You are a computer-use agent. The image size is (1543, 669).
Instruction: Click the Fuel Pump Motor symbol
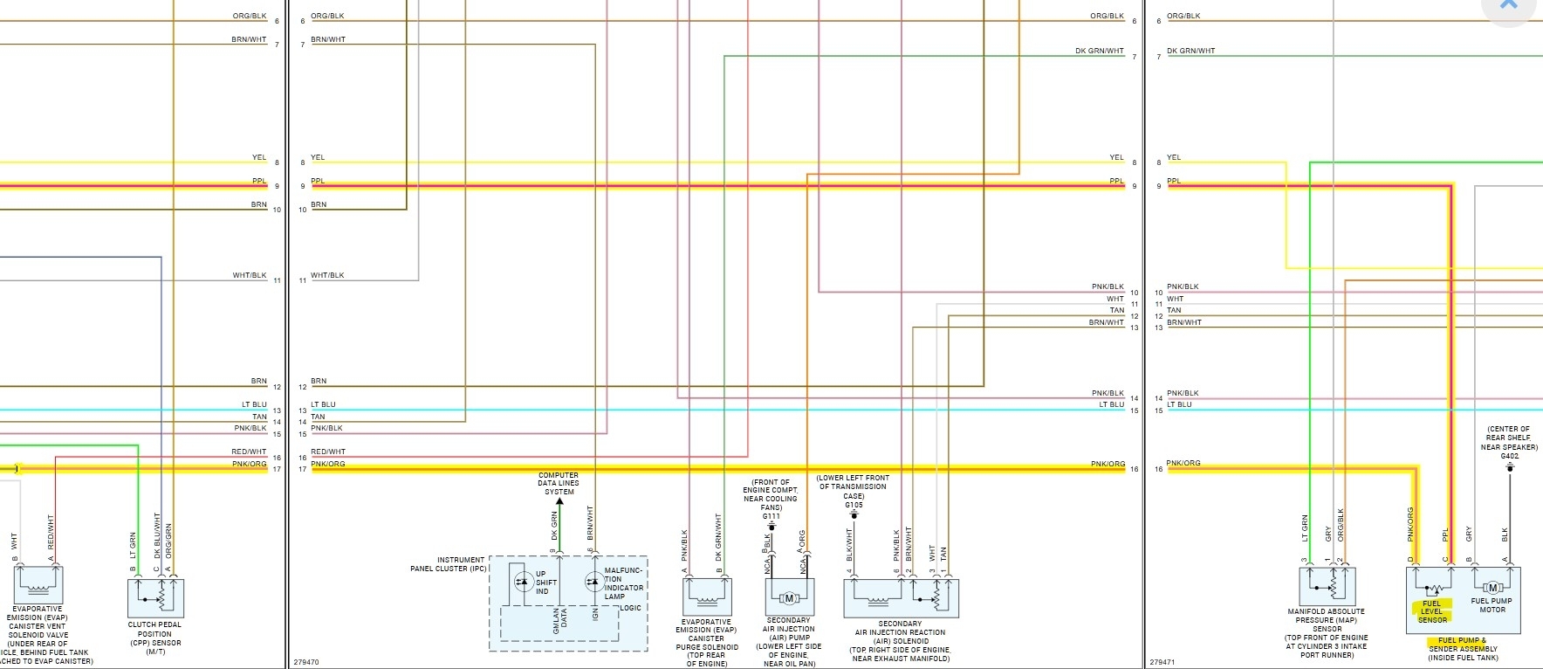pos(1492,588)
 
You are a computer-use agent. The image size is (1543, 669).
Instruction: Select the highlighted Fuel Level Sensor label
pos(1432,611)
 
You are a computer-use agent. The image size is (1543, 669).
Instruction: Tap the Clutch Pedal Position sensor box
pos(155,597)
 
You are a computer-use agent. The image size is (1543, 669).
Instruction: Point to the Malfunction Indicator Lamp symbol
pos(593,581)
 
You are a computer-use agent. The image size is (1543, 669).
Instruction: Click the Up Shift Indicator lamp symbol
pos(523,581)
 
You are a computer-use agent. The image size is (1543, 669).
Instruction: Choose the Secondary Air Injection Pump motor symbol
pos(790,598)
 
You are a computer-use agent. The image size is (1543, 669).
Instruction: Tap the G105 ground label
pos(854,505)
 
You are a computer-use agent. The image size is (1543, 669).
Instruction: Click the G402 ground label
pos(1509,456)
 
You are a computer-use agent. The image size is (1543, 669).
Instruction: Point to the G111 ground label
pos(771,516)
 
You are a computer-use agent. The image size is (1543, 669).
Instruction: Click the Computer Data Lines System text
pos(559,483)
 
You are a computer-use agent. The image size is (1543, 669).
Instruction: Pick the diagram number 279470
pos(306,662)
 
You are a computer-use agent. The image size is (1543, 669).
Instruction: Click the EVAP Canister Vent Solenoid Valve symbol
pos(38,583)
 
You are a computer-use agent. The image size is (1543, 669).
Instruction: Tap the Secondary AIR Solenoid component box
pos(900,597)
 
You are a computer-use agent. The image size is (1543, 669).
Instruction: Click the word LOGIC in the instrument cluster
pos(630,608)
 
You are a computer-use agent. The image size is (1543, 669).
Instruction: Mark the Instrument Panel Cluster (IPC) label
pos(448,564)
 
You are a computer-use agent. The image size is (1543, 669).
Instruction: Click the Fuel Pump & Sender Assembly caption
pos(1463,649)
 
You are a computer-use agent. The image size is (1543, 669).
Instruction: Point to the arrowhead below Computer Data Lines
pos(559,502)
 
